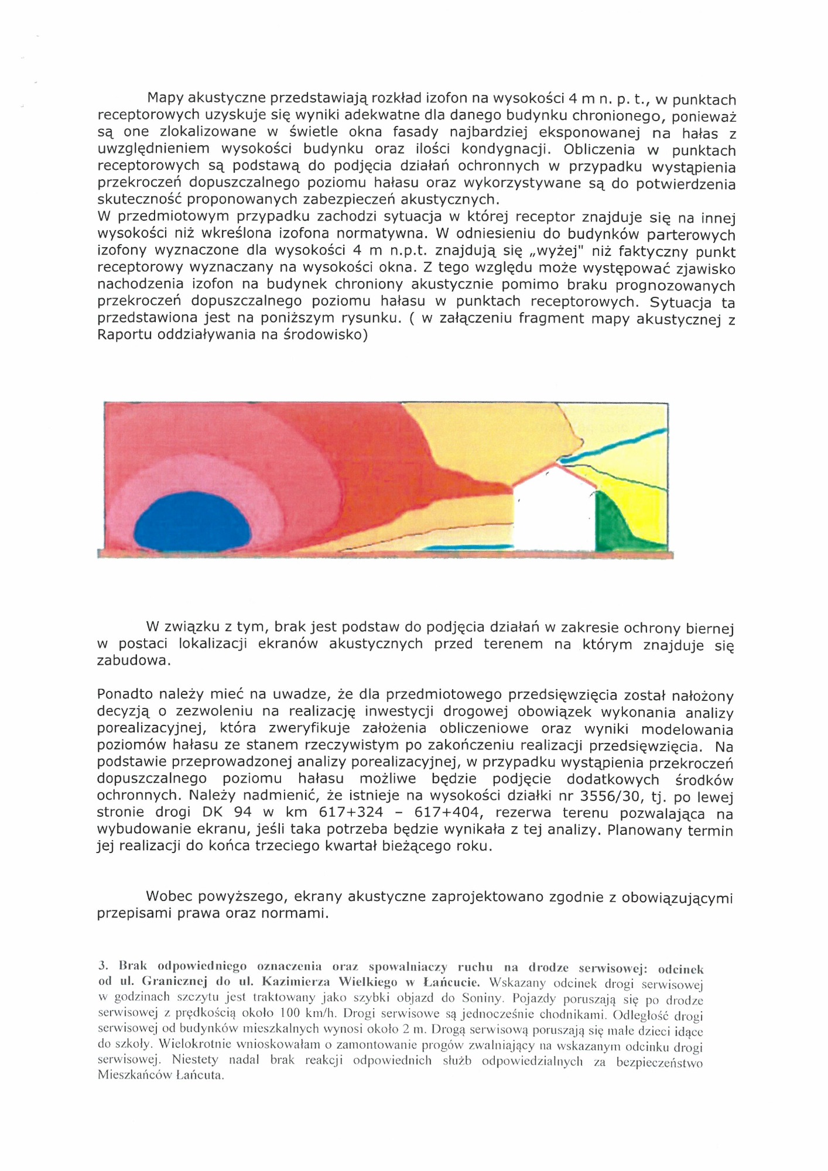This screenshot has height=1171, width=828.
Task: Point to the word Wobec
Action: click(169, 896)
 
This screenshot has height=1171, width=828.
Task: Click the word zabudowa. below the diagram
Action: click(134, 661)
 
